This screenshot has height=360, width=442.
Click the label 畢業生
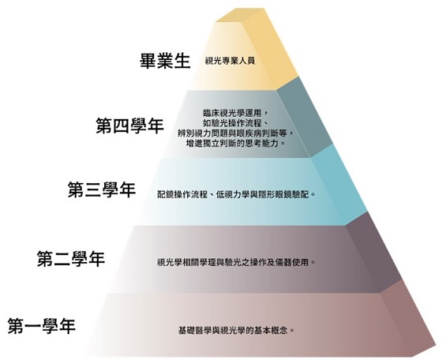tap(165, 61)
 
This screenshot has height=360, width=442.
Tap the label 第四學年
tap(130, 126)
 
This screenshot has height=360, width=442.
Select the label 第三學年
tap(102, 189)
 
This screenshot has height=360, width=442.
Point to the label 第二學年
tap(71, 259)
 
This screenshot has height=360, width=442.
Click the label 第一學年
tap(41, 326)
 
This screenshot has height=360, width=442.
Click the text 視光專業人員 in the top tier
tap(230, 61)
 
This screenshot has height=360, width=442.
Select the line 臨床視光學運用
tap(235, 113)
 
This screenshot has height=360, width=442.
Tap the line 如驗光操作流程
tap(235, 123)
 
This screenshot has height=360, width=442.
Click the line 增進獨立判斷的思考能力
tap(236, 143)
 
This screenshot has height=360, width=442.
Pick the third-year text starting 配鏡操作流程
tap(236, 194)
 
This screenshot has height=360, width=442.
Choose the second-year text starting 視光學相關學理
tap(236, 262)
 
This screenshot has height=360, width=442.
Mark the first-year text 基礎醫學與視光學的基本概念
tap(236, 330)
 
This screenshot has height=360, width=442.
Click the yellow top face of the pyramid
tap(240, 15)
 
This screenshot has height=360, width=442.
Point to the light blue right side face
tap(339, 185)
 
